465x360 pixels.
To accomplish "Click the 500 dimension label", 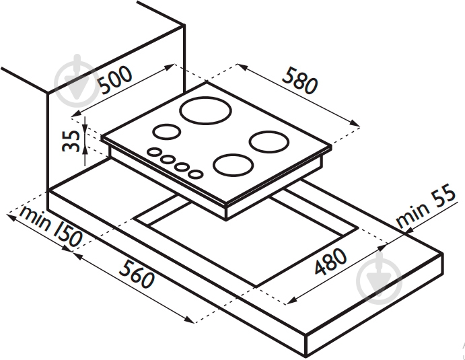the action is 115,79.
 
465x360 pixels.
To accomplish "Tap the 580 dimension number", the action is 300,81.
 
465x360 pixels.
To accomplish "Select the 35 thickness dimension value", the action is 71,141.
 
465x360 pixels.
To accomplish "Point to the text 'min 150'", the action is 50,226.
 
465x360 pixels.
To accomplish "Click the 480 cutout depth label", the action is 330,261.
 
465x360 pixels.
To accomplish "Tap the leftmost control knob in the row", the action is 154,153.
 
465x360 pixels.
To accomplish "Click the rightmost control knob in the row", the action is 195,174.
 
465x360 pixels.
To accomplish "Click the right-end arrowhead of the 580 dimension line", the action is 355,123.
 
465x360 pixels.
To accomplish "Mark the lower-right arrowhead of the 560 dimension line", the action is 189,320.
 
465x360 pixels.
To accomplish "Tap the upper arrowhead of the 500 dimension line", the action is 170,67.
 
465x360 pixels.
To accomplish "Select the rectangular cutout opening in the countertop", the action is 246,238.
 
